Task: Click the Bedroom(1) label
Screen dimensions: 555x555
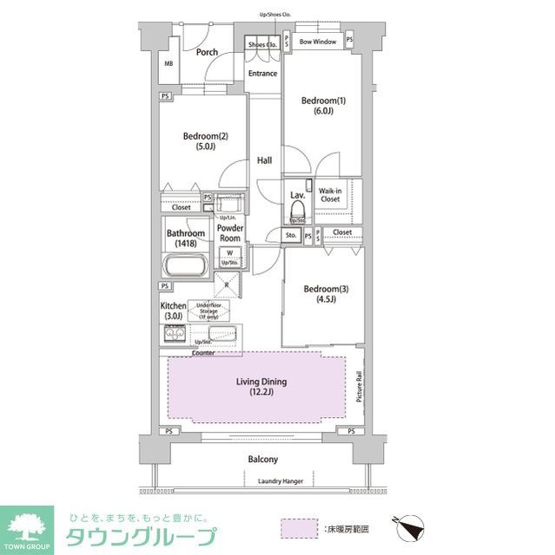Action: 323,107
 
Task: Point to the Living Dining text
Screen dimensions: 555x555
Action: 261,387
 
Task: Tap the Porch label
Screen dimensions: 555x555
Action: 207,52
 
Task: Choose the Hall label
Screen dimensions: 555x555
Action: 264,161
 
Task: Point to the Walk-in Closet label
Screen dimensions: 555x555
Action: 330,194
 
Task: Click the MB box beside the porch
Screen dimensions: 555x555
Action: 169,64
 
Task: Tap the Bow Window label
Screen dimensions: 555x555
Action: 318,41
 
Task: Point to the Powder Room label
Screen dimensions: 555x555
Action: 229,232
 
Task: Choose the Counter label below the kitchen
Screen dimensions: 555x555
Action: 204,353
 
